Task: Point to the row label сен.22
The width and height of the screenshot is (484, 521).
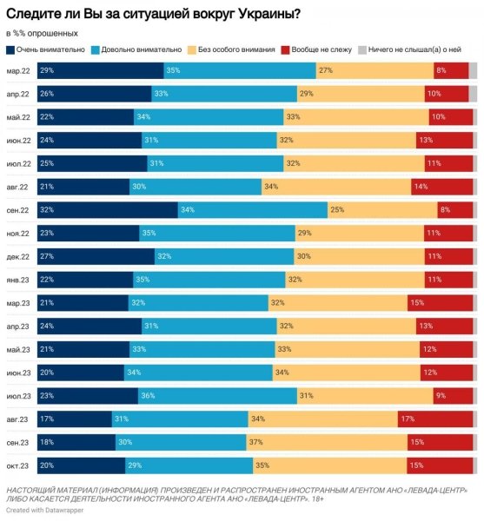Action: (x=18, y=210)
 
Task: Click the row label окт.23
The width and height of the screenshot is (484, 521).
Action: (x=18, y=465)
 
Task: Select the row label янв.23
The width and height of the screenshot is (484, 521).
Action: (x=18, y=280)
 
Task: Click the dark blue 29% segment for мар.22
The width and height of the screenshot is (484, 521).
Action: (x=101, y=70)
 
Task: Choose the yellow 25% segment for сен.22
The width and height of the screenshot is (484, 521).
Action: (x=381, y=210)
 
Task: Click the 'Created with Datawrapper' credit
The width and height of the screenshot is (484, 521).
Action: (x=43, y=510)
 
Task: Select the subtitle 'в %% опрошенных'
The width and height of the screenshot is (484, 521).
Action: (x=41, y=31)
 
